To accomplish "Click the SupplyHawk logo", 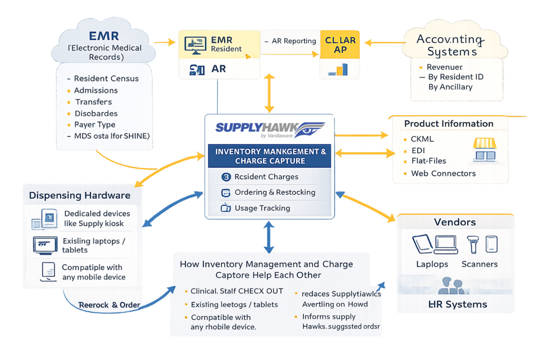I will (268, 129).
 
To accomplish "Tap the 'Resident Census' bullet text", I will (106, 79).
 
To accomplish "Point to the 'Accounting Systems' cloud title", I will (449, 45).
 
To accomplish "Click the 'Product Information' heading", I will (449, 124).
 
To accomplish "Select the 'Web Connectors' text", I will (443, 173).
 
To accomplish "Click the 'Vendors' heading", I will (455, 222).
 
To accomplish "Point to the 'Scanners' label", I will (479, 264).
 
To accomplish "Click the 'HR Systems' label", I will (457, 304).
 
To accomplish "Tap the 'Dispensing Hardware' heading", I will (80, 196).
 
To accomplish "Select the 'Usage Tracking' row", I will (262, 208).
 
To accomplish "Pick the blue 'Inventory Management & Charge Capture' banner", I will (270, 156).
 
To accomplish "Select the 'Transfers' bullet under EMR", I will (93, 102).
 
